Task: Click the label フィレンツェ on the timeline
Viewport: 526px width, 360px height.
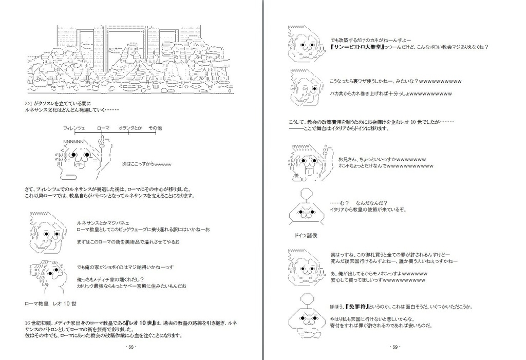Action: coord(73,127)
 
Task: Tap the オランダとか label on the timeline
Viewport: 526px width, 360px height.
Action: coord(130,127)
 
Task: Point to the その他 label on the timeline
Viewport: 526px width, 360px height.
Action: coord(155,127)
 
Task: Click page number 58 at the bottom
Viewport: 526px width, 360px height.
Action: coord(130,347)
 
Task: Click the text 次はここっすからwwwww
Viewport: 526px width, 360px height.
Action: coord(146,164)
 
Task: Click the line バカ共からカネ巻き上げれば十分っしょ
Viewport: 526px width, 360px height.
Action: coord(390,94)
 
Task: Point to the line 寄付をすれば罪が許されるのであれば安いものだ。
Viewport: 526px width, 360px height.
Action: coord(381,326)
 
